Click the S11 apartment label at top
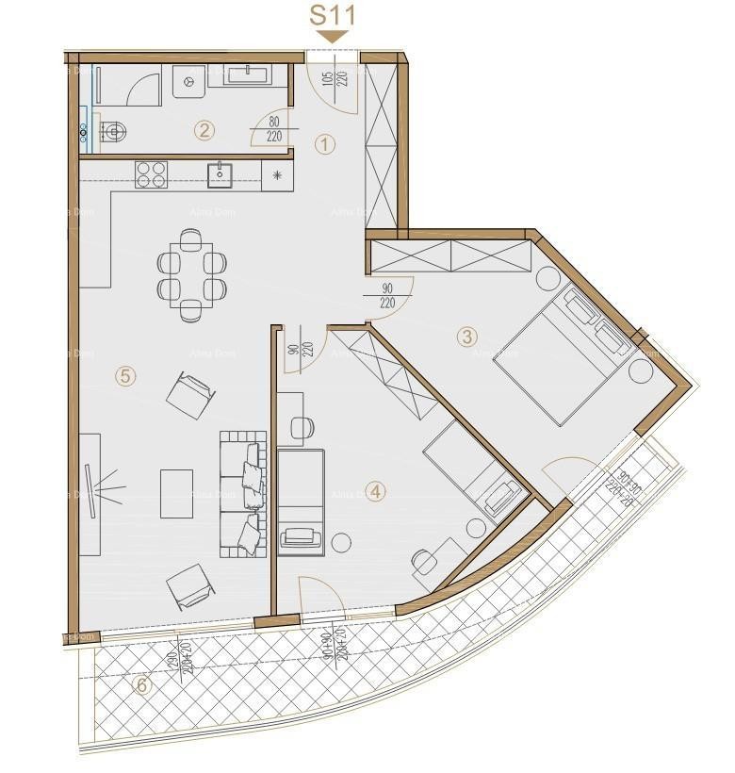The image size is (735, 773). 333,16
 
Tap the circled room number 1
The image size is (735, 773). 325,144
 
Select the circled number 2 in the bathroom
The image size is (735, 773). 204,131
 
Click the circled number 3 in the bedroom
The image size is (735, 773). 466,336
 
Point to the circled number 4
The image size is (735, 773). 375,491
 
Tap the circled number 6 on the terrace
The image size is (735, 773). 142,685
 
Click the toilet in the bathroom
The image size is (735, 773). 110,133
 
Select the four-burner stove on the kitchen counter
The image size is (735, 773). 151,173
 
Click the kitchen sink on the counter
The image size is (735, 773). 220,173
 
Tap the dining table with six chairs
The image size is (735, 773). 191,274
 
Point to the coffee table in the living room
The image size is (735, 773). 176,493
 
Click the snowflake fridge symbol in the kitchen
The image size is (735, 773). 277,174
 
